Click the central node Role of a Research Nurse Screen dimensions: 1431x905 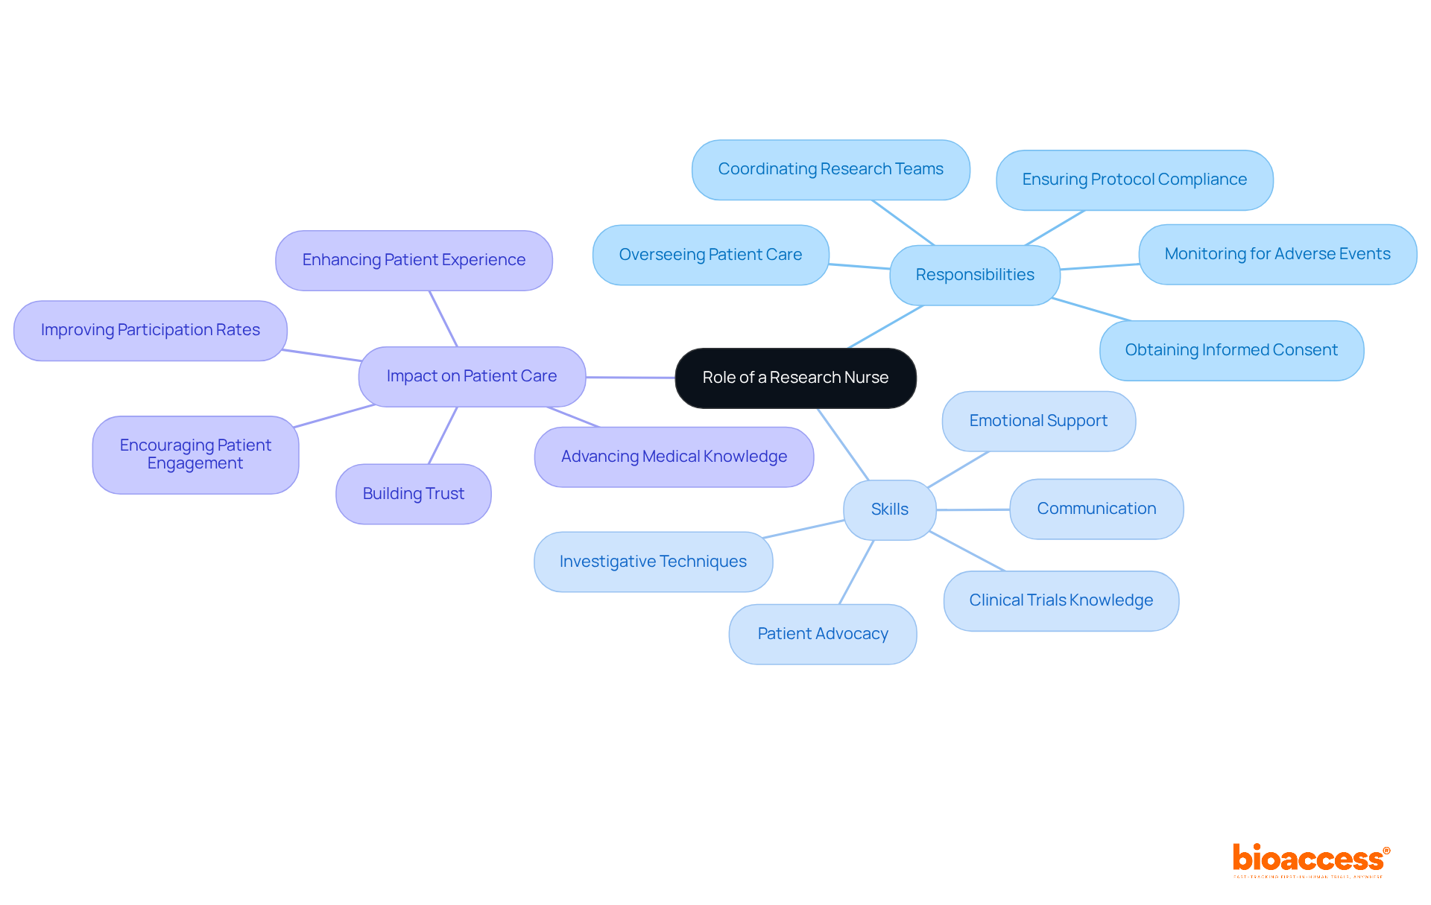[x=795, y=378]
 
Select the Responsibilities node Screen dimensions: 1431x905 [x=974, y=275]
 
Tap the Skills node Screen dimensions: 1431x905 [x=889, y=509]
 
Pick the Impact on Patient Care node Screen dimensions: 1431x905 [x=471, y=376]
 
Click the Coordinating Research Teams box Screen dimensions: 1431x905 [x=830, y=169]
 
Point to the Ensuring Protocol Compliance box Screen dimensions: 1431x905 [x=1134, y=180]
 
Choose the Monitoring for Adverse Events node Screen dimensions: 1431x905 [x=1277, y=254]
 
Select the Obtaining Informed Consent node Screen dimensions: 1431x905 [x=1231, y=350]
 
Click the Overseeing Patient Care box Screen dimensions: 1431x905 [x=710, y=255]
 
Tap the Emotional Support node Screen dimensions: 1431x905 [x=1038, y=421]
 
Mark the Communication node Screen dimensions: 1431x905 [x=1096, y=509]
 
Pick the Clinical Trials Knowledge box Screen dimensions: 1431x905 [x=1061, y=600]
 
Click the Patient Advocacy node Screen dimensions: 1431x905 [x=822, y=634]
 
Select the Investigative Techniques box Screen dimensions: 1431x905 [x=653, y=562]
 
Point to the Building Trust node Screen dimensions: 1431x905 [x=413, y=494]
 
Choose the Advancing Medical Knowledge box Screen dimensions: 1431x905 [x=674, y=457]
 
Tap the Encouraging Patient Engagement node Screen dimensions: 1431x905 [x=195, y=454]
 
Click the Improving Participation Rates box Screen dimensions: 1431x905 [x=150, y=330]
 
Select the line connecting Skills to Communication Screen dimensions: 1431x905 [x=973, y=509]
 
